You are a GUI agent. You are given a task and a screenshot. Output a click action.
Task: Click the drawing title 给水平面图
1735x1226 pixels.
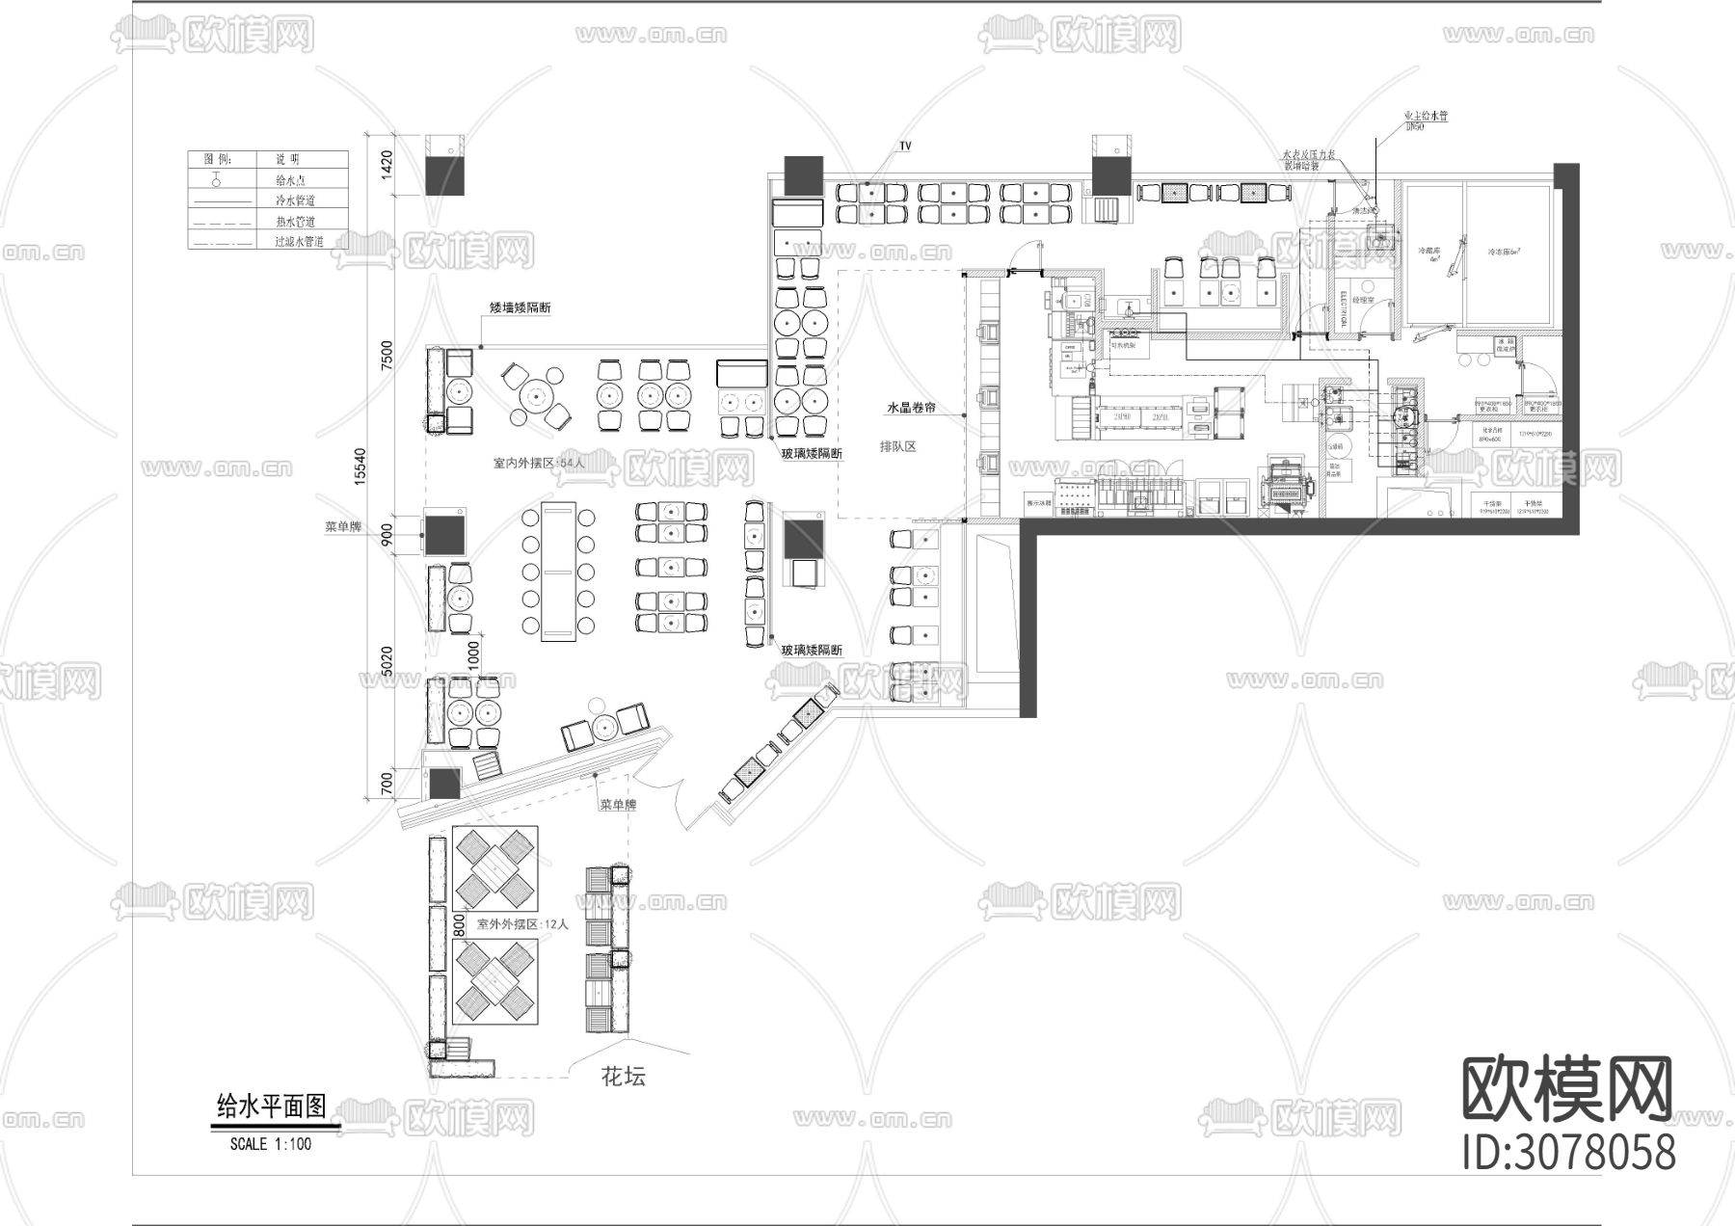pos(273,1106)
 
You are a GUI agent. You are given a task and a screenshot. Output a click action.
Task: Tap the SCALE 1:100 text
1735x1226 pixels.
pos(270,1144)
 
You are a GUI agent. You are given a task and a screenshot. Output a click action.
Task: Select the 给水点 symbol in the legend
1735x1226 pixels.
pos(218,179)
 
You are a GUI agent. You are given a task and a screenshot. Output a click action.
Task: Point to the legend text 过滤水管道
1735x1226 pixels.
pos(300,242)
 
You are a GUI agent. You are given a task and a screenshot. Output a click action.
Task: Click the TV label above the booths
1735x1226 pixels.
pos(905,147)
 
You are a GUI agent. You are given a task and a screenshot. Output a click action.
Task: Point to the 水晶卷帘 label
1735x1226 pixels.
pos(912,408)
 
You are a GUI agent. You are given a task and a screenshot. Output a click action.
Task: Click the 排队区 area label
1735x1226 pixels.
pos(896,446)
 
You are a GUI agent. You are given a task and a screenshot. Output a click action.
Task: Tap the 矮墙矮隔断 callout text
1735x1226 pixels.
pos(520,308)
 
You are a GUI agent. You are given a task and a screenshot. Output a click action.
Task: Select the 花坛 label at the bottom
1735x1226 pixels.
pos(624,1077)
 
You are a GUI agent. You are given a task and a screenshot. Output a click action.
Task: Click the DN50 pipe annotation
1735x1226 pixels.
pos(1415,126)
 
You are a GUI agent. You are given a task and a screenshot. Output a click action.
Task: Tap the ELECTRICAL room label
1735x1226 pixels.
pos(1343,309)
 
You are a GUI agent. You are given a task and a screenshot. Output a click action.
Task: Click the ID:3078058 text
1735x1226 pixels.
pos(1568,1152)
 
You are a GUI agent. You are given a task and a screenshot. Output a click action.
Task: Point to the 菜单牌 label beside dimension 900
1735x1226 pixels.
pos(342,527)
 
